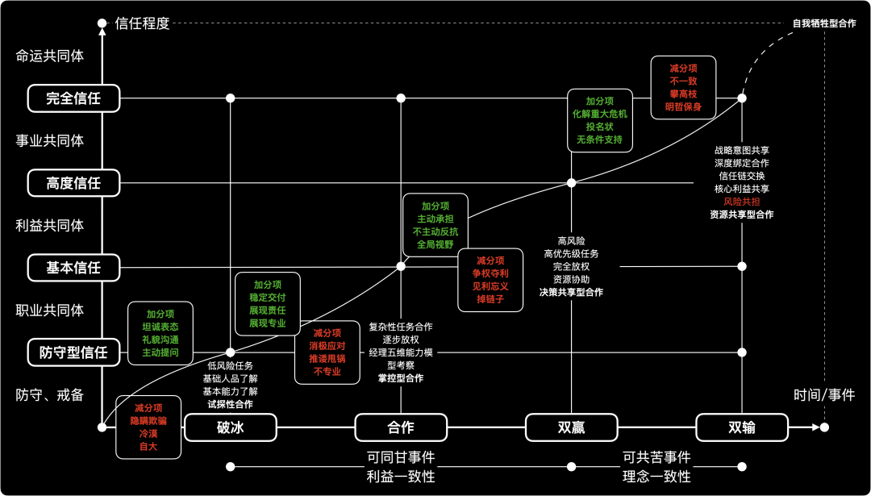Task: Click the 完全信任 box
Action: pyautogui.click(x=73, y=98)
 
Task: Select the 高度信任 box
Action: pyautogui.click(x=73, y=183)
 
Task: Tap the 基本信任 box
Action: pyautogui.click(x=73, y=268)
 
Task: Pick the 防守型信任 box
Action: pyautogui.click(x=73, y=352)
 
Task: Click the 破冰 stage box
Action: pyautogui.click(x=231, y=427)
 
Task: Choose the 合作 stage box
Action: pyautogui.click(x=401, y=427)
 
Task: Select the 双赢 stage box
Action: pyautogui.click(x=571, y=427)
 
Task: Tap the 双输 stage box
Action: pyautogui.click(x=742, y=427)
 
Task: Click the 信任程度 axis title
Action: pyautogui.click(x=143, y=23)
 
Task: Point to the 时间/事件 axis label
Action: pyautogui.click(x=823, y=395)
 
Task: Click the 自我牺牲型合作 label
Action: pyautogui.click(x=823, y=23)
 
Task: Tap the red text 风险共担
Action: pyautogui.click(x=741, y=202)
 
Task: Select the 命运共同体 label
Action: pyautogui.click(x=50, y=56)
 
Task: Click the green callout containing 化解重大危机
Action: pyautogui.click(x=599, y=120)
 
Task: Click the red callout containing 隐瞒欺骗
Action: pyautogui.click(x=148, y=427)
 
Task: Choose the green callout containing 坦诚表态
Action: pyautogui.click(x=160, y=333)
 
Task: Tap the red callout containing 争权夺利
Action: pyautogui.click(x=490, y=280)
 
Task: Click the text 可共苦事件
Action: pyautogui.click(x=656, y=457)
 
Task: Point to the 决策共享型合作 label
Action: pyautogui.click(x=571, y=292)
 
